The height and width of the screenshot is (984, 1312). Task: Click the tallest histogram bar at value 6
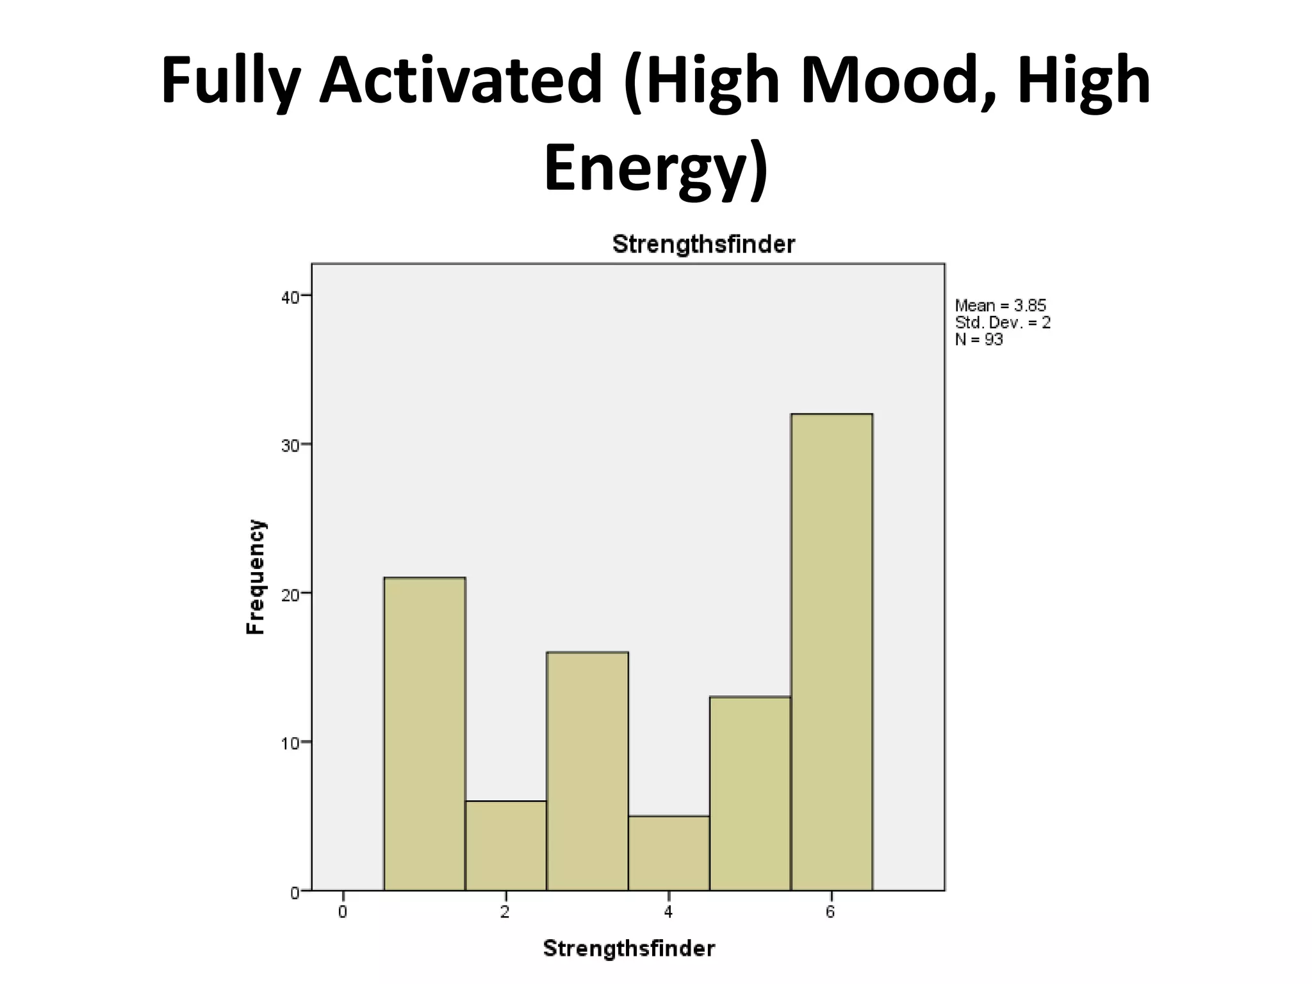832,652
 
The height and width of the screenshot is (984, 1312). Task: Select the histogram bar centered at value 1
425,734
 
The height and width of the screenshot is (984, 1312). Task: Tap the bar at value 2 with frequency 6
506,846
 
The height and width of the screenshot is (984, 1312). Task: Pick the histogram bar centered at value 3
587,771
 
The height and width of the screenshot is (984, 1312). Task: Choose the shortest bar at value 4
669,853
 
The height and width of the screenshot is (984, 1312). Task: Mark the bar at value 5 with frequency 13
750,793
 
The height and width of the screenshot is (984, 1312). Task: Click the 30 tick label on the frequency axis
290,445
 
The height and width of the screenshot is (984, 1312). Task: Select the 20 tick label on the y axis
290,594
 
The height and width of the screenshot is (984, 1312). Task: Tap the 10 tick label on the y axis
290,743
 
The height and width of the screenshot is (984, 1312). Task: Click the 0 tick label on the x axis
343,912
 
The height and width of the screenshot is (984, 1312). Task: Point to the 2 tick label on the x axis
505,912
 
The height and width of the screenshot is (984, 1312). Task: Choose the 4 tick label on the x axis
668,912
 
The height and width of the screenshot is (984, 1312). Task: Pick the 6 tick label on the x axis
830,912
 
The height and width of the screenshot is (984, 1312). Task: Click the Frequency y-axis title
256,577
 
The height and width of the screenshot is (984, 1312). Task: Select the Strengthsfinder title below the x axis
628,948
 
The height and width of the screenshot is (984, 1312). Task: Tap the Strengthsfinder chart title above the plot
703,244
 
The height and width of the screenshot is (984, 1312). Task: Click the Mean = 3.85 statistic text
1000,306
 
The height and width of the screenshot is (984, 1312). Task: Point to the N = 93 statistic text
979,340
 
